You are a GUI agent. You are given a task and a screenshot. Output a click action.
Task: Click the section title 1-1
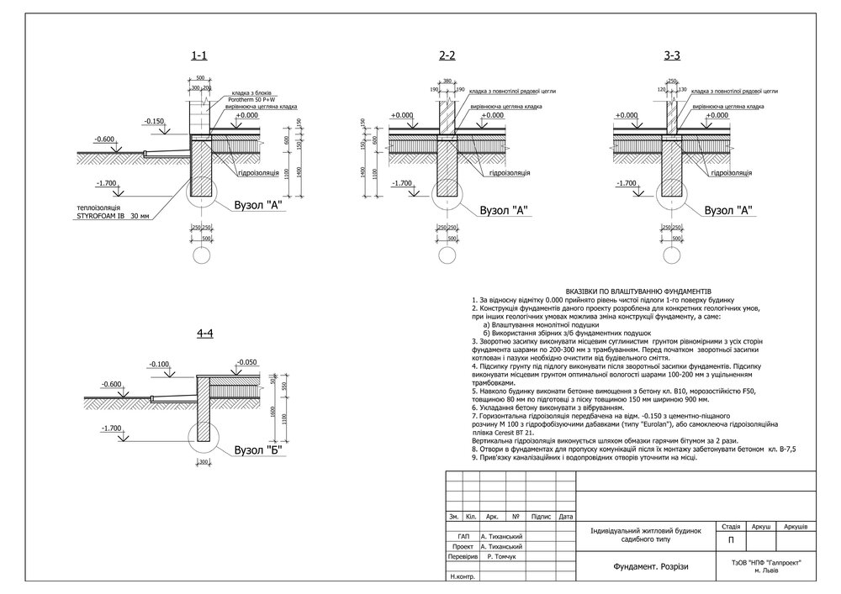click(199, 56)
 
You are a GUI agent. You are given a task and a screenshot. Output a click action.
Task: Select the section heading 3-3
click(672, 56)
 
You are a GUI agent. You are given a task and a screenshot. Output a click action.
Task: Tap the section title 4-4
click(205, 334)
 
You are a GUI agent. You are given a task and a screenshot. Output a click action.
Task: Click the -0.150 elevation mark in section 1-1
click(154, 121)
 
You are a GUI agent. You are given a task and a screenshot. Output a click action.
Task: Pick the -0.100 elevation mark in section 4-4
click(158, 364)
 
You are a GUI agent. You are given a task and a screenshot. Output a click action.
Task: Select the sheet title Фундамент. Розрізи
click(640, 566)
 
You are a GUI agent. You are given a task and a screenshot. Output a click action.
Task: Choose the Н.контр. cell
click(463, 577)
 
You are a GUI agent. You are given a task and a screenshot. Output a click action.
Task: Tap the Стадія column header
click(725, 526)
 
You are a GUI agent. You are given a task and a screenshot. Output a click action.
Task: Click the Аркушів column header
click(795, 526)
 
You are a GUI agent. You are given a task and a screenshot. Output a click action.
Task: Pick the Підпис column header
click(542, 516)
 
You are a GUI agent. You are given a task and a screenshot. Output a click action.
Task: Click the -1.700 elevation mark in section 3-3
click(627, 182)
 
